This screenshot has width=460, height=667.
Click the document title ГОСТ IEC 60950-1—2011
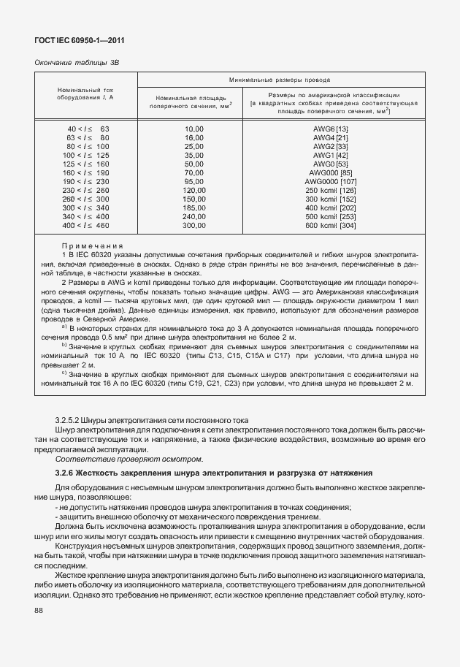(x=74, y=42)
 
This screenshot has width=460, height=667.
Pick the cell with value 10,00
(x=193, y=129)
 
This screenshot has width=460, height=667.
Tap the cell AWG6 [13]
(x=330, y=129)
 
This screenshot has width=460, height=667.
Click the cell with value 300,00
(x=193, y=226)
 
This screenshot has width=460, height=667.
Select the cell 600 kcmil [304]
(x=330, y=226)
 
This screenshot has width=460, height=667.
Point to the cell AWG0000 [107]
(x=330, y=181)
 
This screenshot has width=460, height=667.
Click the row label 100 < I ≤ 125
(x=87, y=155)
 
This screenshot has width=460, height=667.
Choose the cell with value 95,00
(x=193, y=181)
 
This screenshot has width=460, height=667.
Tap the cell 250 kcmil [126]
(x=330, y=190)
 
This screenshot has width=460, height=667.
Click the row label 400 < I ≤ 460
(x=87, y=226)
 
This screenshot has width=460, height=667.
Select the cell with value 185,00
(x=193, y=208)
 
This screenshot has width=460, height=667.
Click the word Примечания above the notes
(x=92, y=246)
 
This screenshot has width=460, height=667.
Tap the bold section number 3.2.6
(x=66, y=473)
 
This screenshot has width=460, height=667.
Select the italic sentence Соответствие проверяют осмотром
(x=128, y=459)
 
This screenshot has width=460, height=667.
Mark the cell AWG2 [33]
(x=330, y=146)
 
